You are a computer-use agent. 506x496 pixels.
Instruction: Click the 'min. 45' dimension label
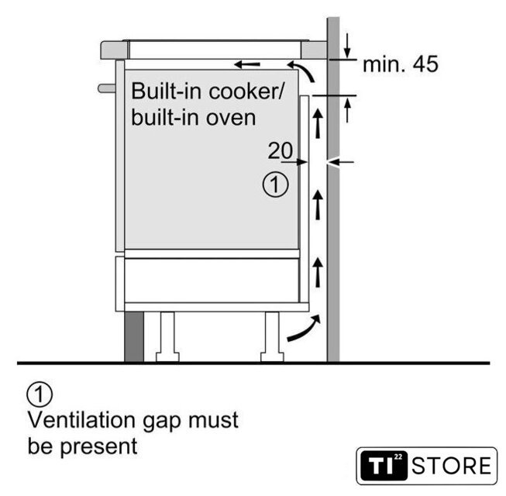(x=400, y=64)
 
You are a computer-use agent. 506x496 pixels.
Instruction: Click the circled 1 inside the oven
(x=276, y=185)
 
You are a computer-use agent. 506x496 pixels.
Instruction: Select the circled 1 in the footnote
(x=39, y=394)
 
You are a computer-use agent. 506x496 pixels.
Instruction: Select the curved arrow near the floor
(x=303, y=329)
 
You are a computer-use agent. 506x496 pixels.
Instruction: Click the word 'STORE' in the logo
(x=452, y=467)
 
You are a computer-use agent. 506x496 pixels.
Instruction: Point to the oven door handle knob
(x=105, y=88)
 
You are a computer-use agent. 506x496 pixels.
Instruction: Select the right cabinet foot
(x=273, y=337)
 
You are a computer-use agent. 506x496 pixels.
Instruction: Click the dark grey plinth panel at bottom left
(x=134, y=336)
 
